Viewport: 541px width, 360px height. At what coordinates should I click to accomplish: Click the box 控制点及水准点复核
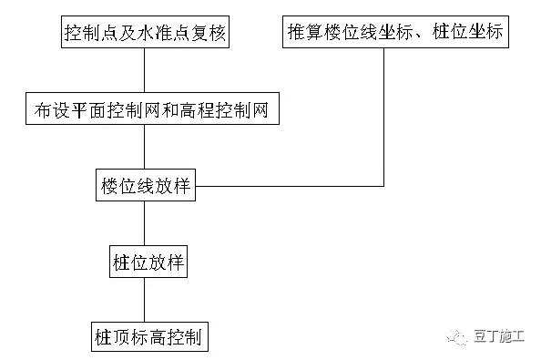(x=145, y=36)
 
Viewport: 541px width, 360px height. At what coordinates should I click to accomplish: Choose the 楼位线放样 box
(x=145, y=187)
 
